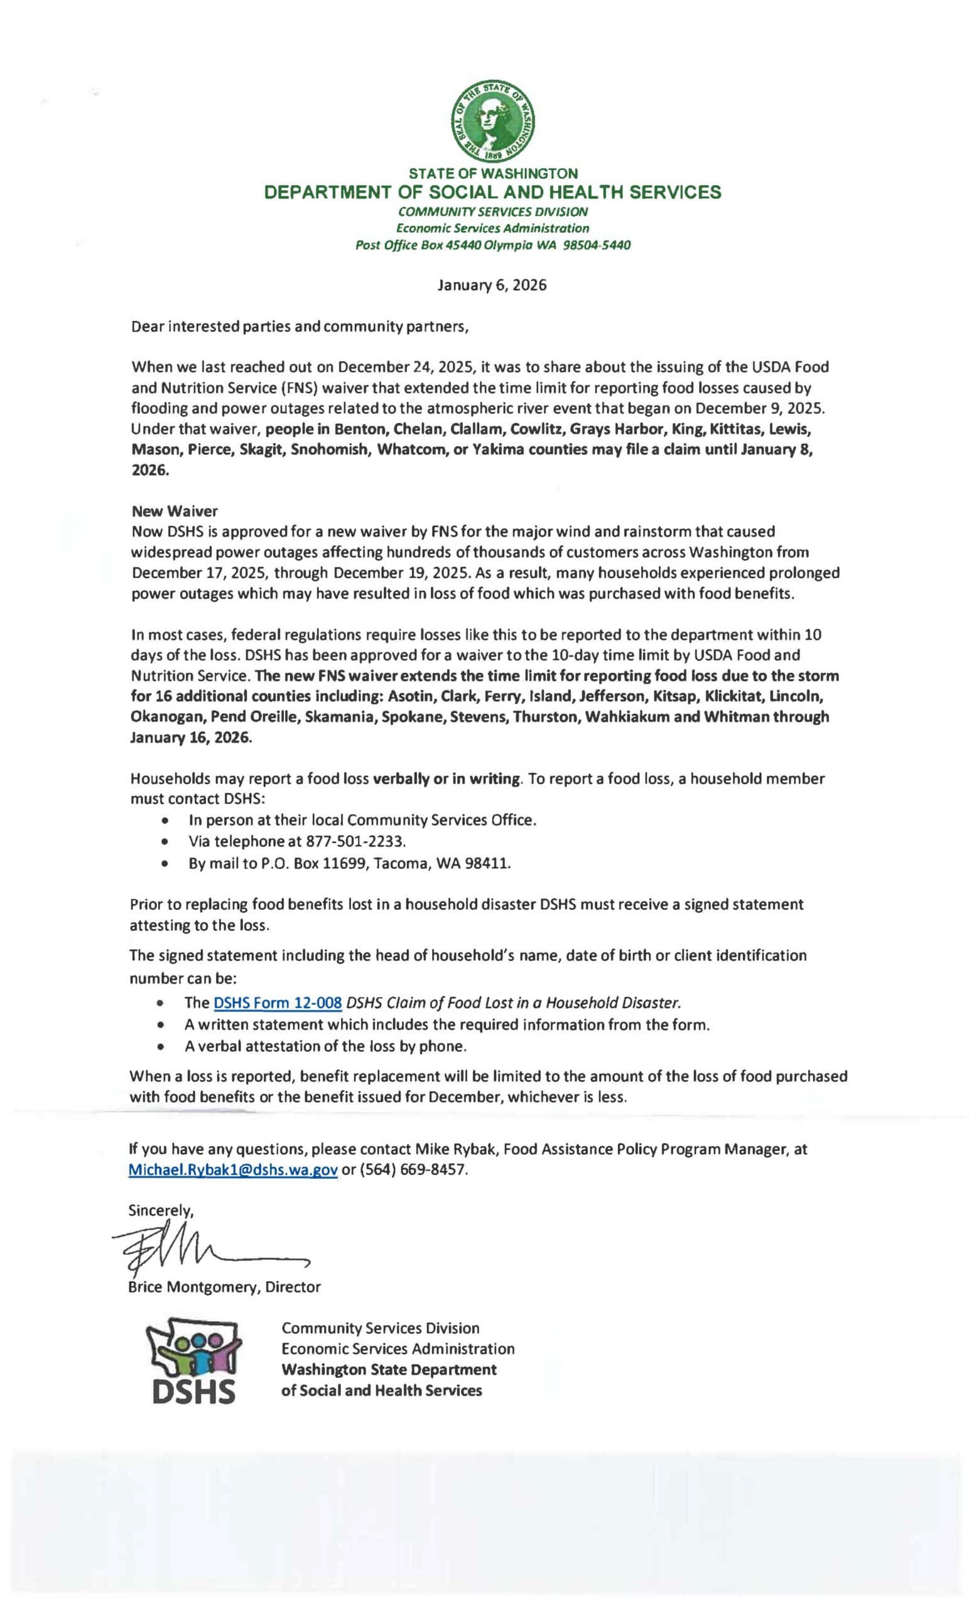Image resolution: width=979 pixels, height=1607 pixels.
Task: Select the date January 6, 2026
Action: (492, 285)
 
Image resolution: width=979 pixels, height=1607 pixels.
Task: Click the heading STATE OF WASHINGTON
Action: (492, 173)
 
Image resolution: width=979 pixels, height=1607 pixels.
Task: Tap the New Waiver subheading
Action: (174, 511)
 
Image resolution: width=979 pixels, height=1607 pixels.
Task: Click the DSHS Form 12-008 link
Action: (278, 1002)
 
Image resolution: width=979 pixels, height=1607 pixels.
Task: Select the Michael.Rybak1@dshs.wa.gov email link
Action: (233, 1188)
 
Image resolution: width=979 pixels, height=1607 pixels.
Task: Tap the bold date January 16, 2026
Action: (190, 737)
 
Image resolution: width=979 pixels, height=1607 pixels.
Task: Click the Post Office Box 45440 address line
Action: (492, 245)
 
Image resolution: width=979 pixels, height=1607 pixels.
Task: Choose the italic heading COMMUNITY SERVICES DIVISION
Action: (492, 212)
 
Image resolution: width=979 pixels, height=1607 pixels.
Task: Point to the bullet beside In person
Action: (169, 820)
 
